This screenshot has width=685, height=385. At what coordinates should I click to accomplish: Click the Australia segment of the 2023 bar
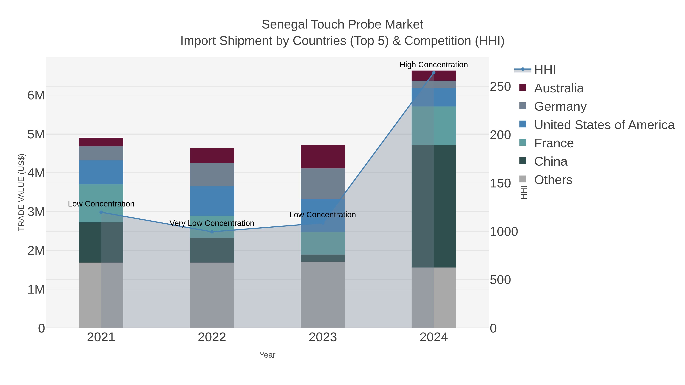(323, 156)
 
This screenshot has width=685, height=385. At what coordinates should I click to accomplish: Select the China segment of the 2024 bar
(433, 206)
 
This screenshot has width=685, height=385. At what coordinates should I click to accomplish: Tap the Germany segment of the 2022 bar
(212, 175)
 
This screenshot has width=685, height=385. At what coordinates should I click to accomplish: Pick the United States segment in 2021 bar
(101, 172)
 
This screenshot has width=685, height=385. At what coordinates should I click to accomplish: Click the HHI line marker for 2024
(434, 73)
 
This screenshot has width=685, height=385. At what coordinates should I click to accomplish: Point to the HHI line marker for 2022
(212, 232)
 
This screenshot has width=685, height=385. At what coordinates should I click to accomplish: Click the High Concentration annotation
(433, 65)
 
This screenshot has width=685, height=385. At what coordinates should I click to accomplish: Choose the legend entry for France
(554, 143)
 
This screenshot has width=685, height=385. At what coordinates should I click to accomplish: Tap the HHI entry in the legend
(545, 70)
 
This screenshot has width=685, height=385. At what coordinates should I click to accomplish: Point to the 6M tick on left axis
(36, 95)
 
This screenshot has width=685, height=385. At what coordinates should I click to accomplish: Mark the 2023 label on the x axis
(323, 337)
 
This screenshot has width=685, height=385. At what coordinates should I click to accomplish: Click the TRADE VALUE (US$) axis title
(21, 192)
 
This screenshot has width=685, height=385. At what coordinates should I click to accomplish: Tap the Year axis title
(267, 355)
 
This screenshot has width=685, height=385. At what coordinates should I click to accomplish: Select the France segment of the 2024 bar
(433, 126)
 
